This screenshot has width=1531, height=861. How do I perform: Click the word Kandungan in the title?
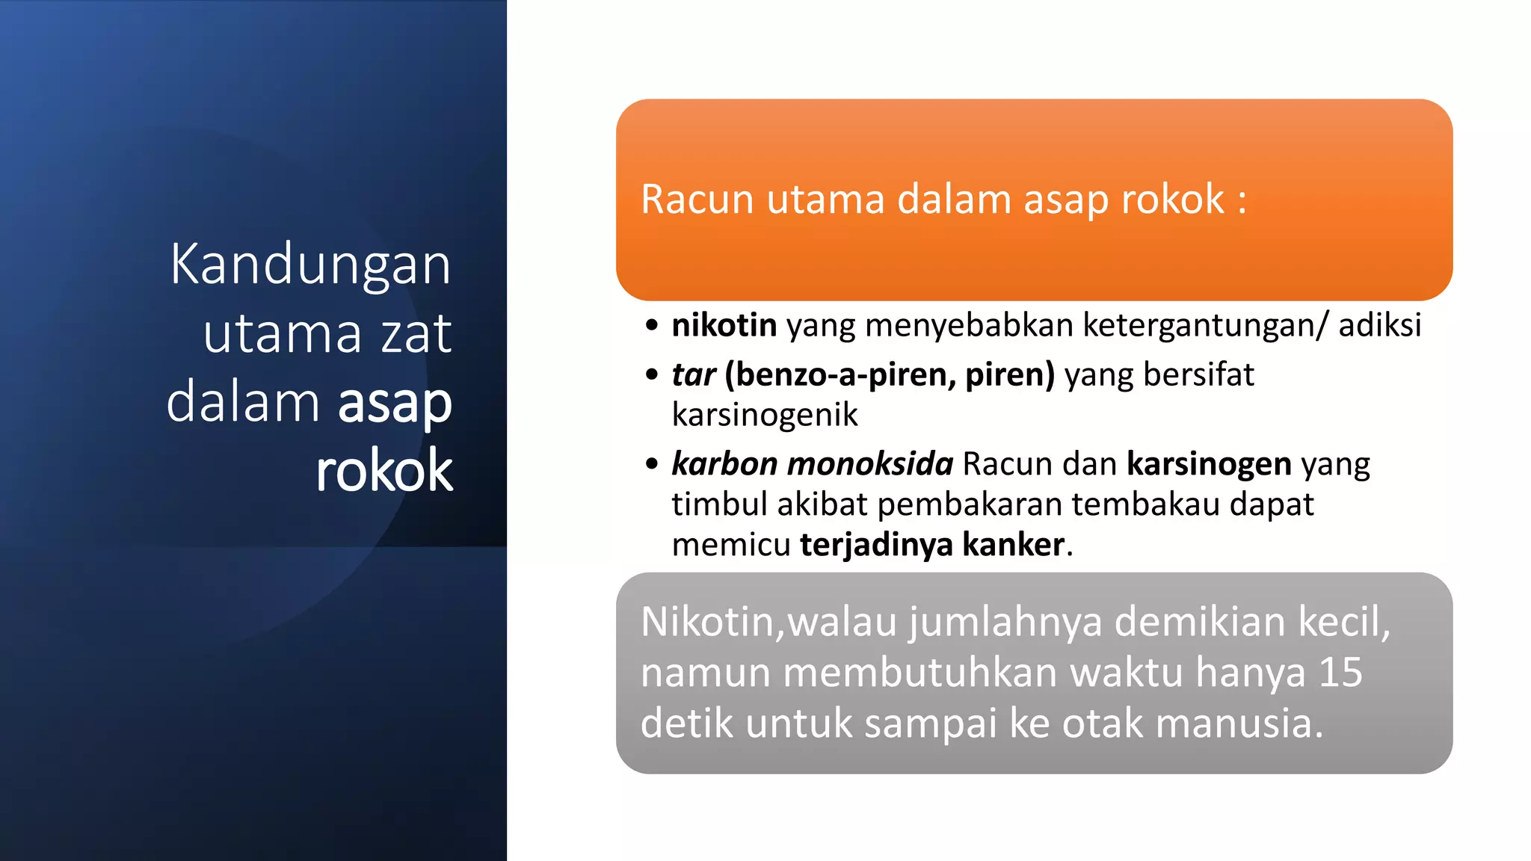point(310,266)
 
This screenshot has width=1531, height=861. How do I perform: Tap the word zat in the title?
point(416,334)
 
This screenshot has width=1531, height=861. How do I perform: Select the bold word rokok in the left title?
point(384,471)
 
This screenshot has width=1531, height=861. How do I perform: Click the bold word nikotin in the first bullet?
point(724,326)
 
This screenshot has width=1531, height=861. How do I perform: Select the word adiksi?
point(1379,326)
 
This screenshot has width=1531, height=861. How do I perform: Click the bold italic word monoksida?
point(870,464)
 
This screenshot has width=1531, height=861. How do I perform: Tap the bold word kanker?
point(1013,545)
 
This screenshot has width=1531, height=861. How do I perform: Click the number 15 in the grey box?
point(1340,673)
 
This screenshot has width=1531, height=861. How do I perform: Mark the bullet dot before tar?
point(652,374)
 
